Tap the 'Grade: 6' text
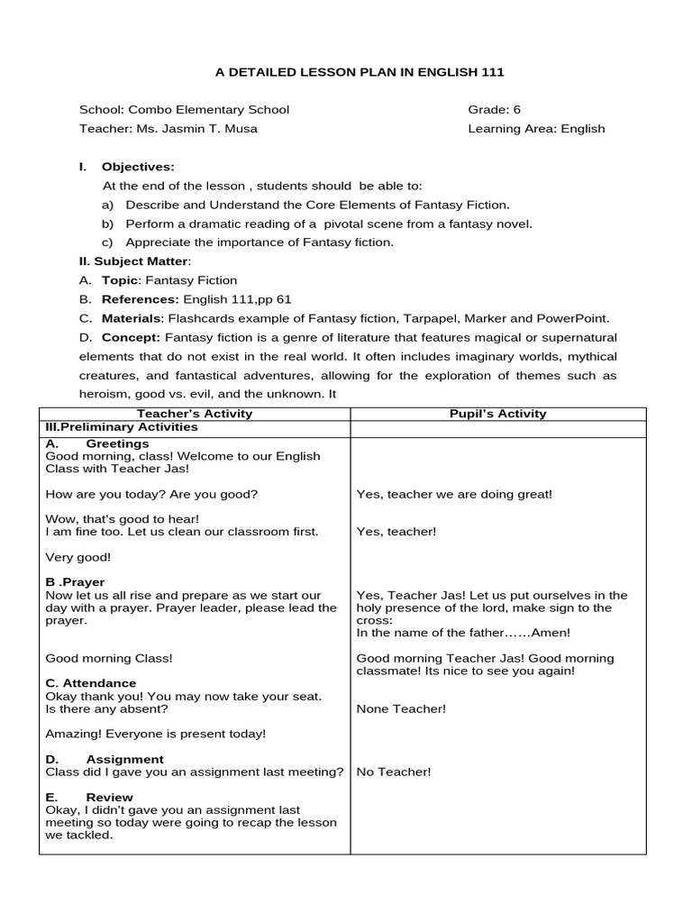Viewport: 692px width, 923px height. click(494, 110)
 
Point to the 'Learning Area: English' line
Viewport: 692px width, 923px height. click(536, 129)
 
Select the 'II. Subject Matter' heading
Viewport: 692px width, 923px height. click(135, 261)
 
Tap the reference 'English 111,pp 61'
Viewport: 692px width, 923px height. click(237, 299)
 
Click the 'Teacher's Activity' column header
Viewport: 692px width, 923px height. click(194, 414)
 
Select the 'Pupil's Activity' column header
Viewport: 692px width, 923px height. click(497, 414)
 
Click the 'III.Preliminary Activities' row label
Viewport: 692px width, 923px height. click(121, 426)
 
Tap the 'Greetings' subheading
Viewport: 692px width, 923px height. click(117, 443)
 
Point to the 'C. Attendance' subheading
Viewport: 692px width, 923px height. click(90, 683)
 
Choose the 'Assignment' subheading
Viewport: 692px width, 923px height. click(124, 759)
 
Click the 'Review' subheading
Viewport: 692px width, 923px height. click(109, 797)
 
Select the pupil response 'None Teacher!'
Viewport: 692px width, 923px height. click(401, 708)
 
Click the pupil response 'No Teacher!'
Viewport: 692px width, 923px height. click(394, 772)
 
